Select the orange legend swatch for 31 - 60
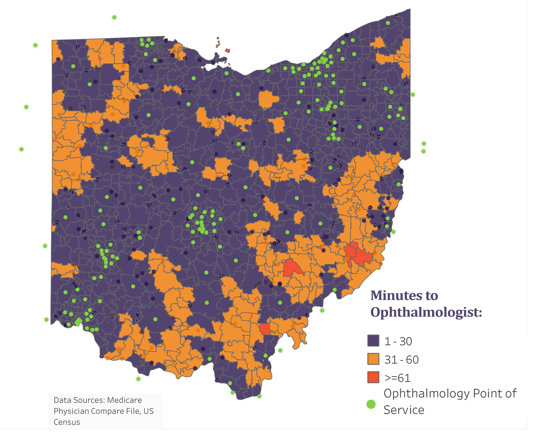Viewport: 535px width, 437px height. click(x=373, y=359)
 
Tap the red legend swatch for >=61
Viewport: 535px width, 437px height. click(x=373, y=377)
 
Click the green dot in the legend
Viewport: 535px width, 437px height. click(x=371, y=404)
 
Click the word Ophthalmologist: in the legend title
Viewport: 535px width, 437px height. click(x=426, y=312)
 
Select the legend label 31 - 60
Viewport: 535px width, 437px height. click(x=401, y=359)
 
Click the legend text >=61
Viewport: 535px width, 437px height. click(x=398, y=378)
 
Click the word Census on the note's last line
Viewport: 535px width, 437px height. click(x=67, y=422)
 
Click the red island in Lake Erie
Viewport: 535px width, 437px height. click(x=228, y=51)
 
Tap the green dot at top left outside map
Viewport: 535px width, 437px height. click(x=114, y=17)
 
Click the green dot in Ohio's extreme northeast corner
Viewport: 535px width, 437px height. click(x=388, y=23)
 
